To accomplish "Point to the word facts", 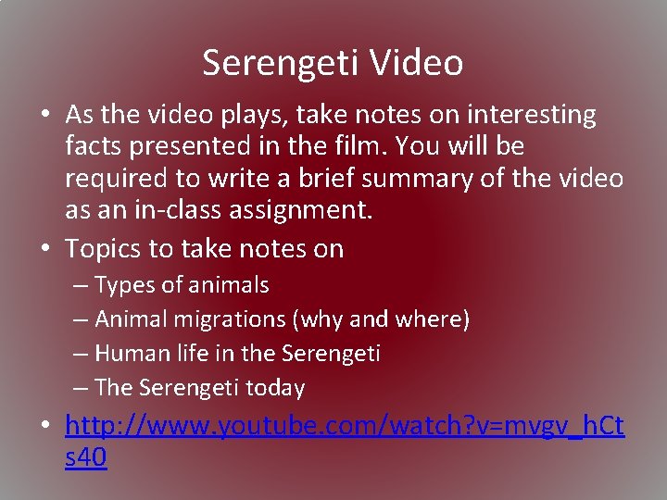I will tap(93, 145).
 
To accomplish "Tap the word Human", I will tap(127, 353).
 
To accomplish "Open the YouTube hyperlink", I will tap(344, 427).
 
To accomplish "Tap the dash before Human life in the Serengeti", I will tap(81, 353).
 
